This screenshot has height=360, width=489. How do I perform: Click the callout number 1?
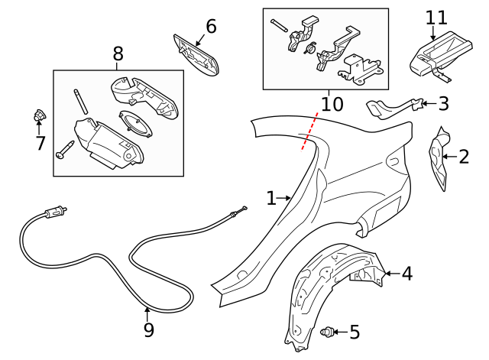point(270,199)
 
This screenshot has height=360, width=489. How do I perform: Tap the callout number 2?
point(463,157)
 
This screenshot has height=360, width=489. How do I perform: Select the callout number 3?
point(443,103)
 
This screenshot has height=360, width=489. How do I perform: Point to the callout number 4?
point(406,273)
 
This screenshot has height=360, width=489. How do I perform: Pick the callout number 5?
point(354,332)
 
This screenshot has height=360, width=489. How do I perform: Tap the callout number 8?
point(118,54)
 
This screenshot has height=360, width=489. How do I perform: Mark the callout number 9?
point(148,330)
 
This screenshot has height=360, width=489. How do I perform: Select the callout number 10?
point(332,103)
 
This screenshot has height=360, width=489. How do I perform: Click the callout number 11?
point(435,16)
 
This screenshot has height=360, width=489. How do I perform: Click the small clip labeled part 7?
point(37,117)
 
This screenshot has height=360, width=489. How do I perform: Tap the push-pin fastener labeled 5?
point(329,332)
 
